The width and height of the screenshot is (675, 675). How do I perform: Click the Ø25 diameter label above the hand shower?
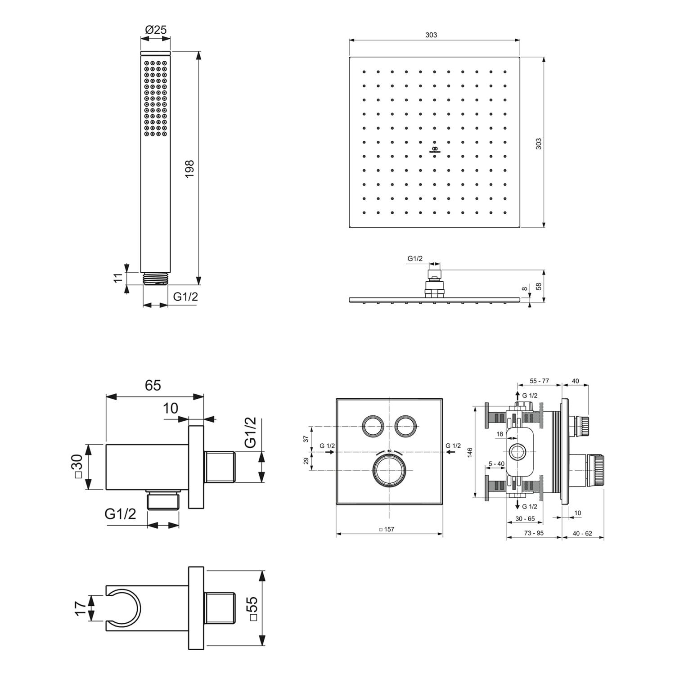point(156,30)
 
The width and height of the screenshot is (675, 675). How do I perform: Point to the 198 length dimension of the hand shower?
point(189,169)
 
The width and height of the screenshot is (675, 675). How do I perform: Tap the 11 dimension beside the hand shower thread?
point(118,278)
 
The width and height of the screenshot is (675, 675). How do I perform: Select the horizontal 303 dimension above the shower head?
point(431,35)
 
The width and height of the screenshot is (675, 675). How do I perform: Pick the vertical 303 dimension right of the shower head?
point(538,144)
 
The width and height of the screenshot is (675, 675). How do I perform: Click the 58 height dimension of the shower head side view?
point(538,286)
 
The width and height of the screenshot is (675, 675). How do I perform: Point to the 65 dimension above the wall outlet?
point(153,385)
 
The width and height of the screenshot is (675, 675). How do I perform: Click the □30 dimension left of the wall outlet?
point(77,466)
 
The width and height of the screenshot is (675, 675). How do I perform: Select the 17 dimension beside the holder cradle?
point(80,608)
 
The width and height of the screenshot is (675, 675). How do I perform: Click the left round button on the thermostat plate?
point(373,426)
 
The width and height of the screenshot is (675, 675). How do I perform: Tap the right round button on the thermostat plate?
point(405,426)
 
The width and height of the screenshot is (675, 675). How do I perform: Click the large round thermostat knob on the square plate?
point(389,470)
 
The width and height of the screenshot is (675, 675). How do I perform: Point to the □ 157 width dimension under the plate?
point(387,529)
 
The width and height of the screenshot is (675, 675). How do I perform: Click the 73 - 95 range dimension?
point(534,533)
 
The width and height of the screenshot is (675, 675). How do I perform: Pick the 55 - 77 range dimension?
point(539,381)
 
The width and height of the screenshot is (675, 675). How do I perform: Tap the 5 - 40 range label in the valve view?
point(497,463)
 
